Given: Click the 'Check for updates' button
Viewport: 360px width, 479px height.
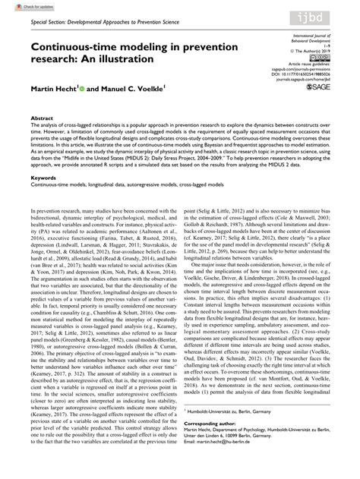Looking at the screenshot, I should [24, 7].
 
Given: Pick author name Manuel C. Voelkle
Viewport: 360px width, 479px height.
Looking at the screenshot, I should [137, 89].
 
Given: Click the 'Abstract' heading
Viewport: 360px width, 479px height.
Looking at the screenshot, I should [41, 119].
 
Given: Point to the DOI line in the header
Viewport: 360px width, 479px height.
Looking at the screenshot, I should [304, 74].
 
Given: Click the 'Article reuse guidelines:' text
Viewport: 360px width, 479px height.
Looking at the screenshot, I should [308, 62].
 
